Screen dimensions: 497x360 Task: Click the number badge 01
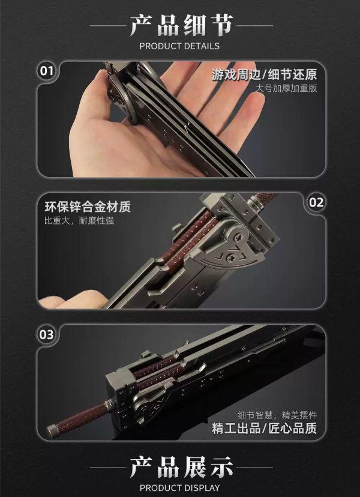point(46,71)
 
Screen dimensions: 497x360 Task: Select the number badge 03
point(46,335)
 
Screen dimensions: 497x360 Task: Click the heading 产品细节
point(180,25)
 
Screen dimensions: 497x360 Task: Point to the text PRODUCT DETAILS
point(179,46)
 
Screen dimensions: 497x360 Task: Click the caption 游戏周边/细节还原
point(264,75)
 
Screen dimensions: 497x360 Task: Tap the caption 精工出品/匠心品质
point(264,429)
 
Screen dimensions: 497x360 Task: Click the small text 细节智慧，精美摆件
point(276,415)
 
